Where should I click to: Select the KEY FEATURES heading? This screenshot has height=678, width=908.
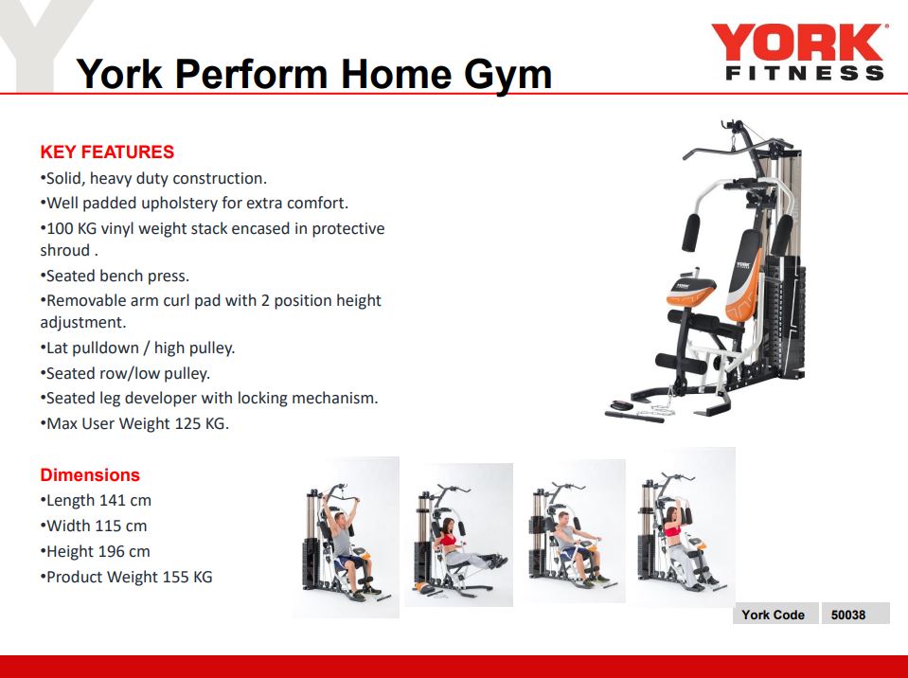point(107,152)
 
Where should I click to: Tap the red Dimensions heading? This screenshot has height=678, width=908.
point(90,475)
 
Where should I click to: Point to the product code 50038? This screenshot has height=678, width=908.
point(848,615)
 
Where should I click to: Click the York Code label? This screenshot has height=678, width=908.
point(773,615)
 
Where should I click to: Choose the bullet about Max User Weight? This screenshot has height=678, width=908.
point(135,423)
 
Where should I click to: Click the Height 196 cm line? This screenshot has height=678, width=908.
point(96,551)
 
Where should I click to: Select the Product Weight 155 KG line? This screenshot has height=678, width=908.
point(127,577)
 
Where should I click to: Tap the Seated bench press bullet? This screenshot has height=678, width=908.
point(116,276)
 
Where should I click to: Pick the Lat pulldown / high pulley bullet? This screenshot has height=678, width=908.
point(138,348)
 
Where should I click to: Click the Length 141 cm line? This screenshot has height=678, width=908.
point(97,500)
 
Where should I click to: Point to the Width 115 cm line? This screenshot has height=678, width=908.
point(94,526)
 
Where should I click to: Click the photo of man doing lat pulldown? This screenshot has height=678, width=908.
point(345,537)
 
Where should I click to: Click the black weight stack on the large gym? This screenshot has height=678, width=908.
point(788,322)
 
